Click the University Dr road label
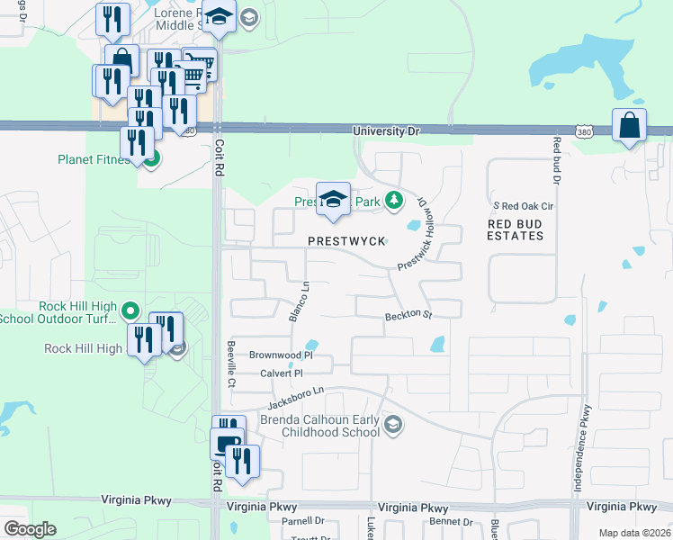(x=386, y=131)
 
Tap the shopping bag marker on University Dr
(x=629, y=126)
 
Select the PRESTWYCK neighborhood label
(x=346, y=241)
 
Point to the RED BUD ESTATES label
(x=516, y=229)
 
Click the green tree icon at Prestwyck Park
(x=392, y=200)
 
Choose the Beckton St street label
(x=409, y=316)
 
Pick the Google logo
(x=29, y=529)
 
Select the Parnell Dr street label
(x=302, y=521)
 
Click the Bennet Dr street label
(x=451, y=521)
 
